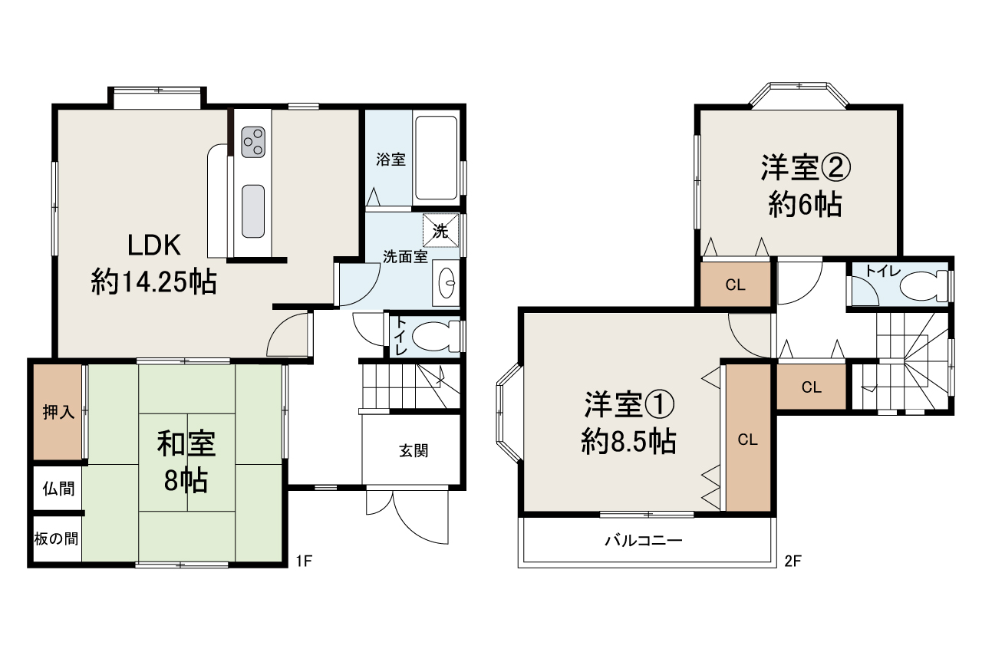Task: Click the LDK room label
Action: click(153, 264)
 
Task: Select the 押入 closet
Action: click(58, 412)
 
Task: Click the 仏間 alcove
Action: click(58, 487)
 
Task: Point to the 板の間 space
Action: click(56, 538)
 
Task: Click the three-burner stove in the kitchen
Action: click(252, 140)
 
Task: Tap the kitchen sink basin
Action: click(252, 211)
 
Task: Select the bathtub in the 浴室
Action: click(436, 157)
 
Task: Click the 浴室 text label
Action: click(390, 160)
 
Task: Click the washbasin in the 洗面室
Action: click(447, 282)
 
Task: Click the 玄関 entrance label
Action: click(413, 451)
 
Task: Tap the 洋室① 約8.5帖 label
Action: click(628, 421)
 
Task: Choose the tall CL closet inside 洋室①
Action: click(748, 439)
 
